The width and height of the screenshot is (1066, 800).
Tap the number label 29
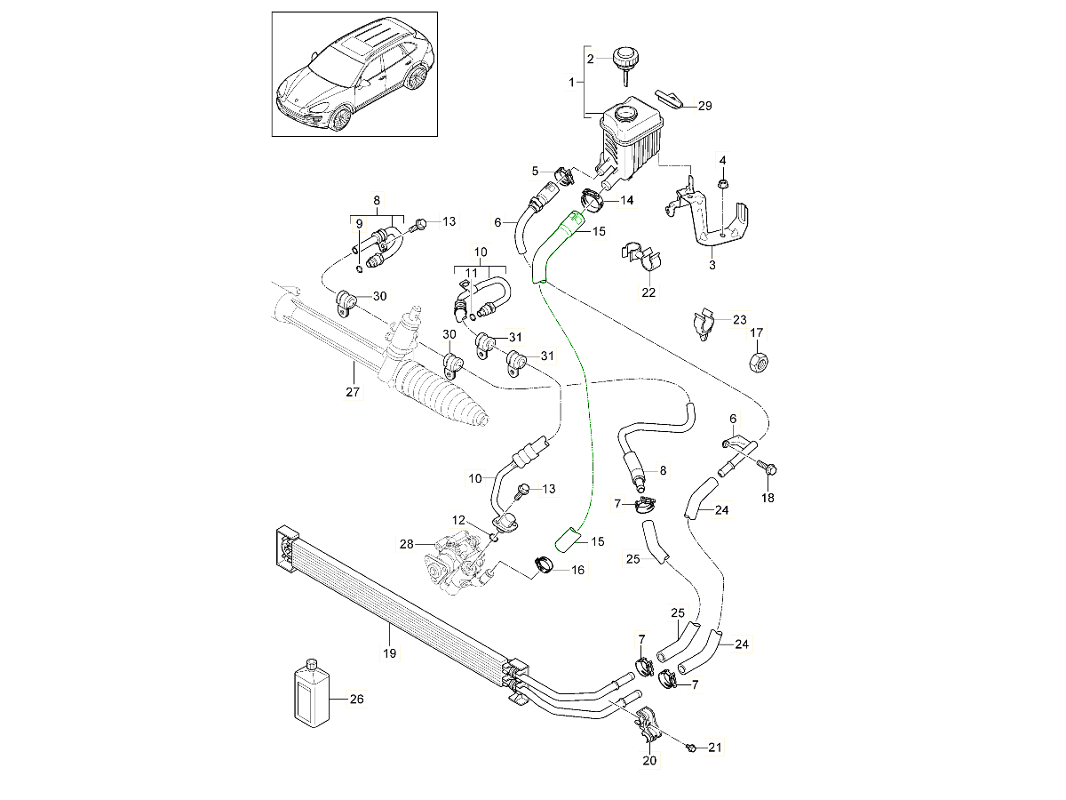coord(704,106)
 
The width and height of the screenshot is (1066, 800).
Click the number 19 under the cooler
coord(389,653)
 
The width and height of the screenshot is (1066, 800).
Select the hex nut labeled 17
coord(757,363)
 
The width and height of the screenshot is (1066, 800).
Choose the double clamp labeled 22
coord(646,259)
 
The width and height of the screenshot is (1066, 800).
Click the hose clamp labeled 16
coord(545,564)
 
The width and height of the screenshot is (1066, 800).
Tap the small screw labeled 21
coord(691,750)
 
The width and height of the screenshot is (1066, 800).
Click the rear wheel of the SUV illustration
coord(413,76)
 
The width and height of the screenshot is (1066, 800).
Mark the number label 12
coord(457,519)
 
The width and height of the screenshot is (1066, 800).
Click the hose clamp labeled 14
coord(593,200)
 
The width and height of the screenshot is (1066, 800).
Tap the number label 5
coord(536,171)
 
